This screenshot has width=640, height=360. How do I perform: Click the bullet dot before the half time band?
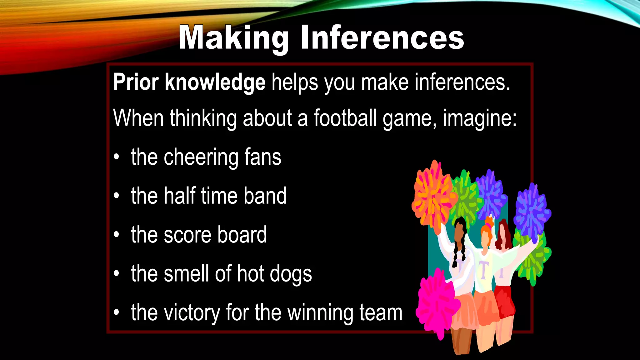click(x=117, y=196)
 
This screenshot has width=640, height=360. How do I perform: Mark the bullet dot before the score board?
click(x=117, y=234)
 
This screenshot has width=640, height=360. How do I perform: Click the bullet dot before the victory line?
click(x=117, y=312)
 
